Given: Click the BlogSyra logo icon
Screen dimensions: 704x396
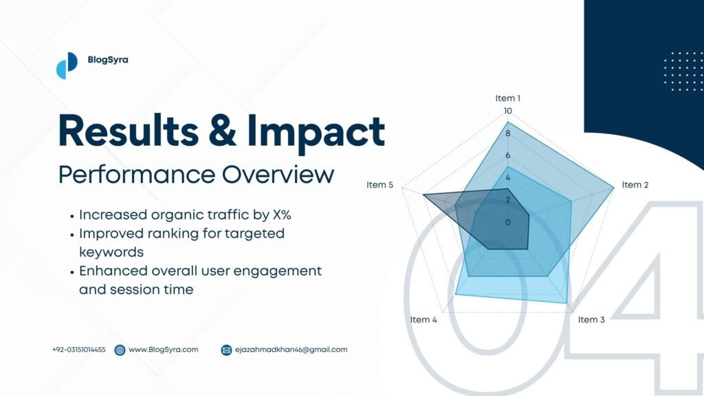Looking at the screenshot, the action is (x=67, y=65).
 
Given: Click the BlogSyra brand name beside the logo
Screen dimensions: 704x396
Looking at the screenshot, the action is (x=108, y=60).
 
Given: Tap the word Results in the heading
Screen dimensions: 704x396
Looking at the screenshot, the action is (x=129, y=131).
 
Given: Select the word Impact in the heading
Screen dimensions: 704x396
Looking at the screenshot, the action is (x=316, y=133).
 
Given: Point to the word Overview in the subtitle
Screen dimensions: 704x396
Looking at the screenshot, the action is (x=278, y=175).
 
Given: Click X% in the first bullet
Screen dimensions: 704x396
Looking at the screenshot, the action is (x=282, y=215).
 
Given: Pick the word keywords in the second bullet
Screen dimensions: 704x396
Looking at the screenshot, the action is (x=111, y=252).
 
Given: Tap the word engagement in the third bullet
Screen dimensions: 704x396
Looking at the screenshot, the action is (x=278, y=272).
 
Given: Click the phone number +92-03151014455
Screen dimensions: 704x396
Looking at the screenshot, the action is (x=79, y=350).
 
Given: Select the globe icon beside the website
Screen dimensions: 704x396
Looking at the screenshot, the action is (x=120, y=350).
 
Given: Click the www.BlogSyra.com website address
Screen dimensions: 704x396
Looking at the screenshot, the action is (x=164, y=350).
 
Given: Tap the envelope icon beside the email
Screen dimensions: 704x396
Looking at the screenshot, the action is (x=227, y=350).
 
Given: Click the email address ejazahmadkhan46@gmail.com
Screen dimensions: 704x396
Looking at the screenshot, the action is (x=291, y=350).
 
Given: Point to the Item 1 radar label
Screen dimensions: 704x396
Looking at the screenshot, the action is (x=508, y=98).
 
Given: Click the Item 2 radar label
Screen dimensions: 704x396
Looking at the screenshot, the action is (x=635, y=185).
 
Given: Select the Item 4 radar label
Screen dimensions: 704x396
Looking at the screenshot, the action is (x=423, y=320).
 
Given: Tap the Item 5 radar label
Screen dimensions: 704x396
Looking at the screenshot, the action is (x=379, y=185).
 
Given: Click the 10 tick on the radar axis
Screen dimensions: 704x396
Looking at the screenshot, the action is (x=508, y=111).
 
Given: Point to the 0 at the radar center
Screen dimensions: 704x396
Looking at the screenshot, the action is (x=508, y=222).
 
